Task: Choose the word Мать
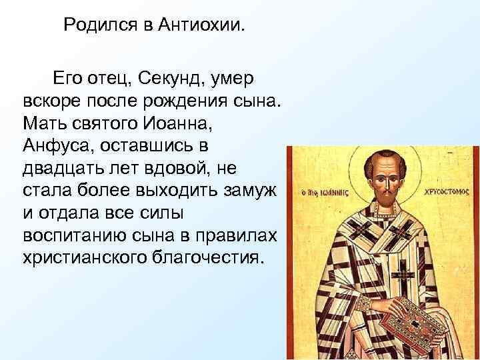[44, 125]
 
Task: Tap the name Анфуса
[55, 147]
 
